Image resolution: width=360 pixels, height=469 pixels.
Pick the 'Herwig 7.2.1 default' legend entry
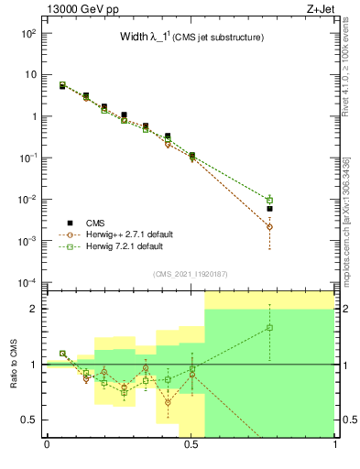coord(113,245)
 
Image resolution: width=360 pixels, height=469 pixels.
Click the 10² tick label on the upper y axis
coord(29,33)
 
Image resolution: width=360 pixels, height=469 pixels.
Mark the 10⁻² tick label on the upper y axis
coord(29,199)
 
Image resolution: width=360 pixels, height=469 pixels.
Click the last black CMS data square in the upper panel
coord(269,209)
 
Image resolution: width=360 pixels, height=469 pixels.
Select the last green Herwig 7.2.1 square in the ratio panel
coord(269,327)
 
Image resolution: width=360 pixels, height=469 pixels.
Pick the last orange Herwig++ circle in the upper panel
coord(269,226)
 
